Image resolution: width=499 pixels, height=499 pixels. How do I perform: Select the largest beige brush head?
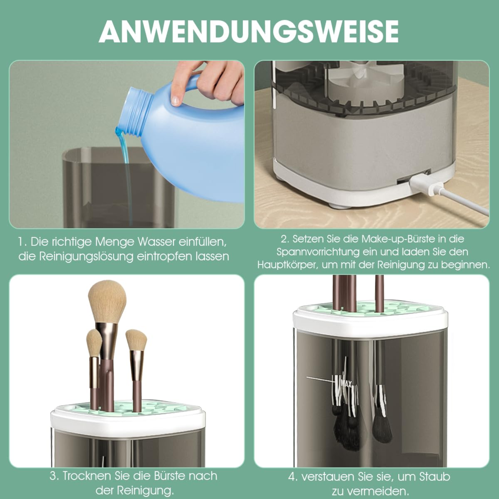(107, 302)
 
